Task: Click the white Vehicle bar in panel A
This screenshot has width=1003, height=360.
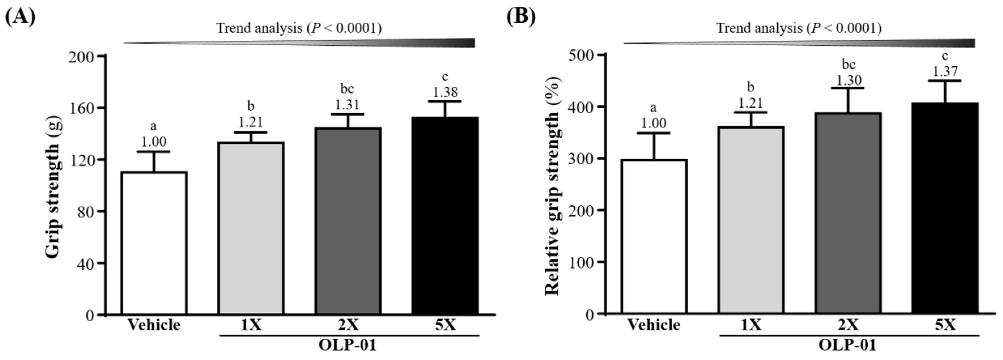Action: tap(154, 243)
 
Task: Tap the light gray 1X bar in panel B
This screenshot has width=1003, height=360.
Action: tap(751, 220)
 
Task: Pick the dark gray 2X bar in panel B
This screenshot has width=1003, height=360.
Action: tap(848, 213)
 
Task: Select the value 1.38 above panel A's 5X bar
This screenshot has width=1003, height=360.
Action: tap(445, 92)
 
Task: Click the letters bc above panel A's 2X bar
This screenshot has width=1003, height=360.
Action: tap(347, 89)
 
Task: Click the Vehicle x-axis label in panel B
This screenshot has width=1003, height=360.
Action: tap(654, 325)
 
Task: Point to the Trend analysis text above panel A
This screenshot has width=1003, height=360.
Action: tap(299, 28)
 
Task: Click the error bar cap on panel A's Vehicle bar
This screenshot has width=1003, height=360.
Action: tap(154, 152)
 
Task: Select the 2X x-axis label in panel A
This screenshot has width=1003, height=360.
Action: tap(348, 325)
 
